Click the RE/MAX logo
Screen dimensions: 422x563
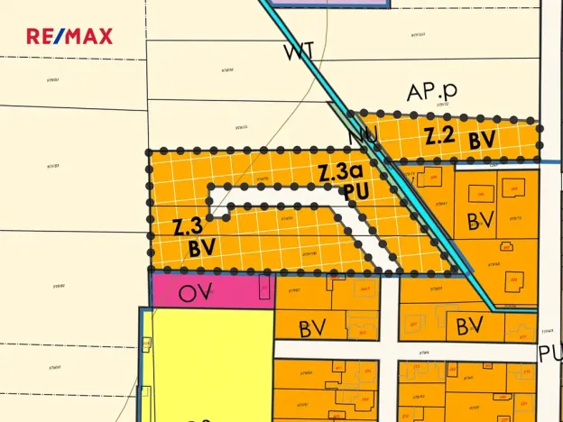(x=69, y=37)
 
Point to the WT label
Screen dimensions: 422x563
(x=299, y=52)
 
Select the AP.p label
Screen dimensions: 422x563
(x=431, y=91)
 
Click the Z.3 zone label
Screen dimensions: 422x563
(x=187, y=225)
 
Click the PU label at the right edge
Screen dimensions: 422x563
(x=550, y=353)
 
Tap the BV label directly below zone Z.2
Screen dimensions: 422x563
(x=481, y=219)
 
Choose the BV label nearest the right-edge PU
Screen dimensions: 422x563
(x=472, y=325)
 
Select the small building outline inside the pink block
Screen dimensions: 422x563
(x=264, y=289)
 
